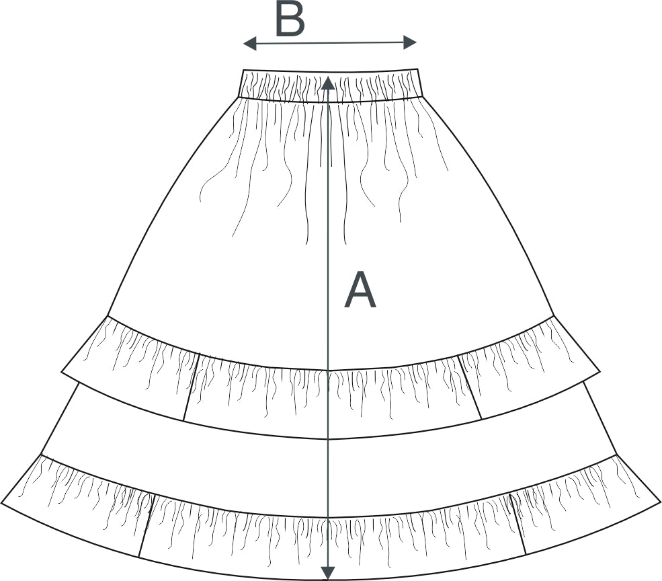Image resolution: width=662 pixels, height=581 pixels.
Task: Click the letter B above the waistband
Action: (290, 20)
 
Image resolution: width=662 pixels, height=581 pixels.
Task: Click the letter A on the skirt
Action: (360, 291)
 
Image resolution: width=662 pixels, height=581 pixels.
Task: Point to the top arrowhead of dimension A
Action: (327, 82)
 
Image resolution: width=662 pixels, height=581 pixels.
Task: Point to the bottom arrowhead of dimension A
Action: (327, 573)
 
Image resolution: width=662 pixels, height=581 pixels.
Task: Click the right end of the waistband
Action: (419, 83)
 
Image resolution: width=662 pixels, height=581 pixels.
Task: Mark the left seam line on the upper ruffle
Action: (192, 387)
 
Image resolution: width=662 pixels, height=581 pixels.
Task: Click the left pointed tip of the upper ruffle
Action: (63, 371)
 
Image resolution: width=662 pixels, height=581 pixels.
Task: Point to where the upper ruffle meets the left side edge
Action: (108, 315)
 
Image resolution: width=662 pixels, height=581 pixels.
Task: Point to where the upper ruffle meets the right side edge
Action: (553, 315)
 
